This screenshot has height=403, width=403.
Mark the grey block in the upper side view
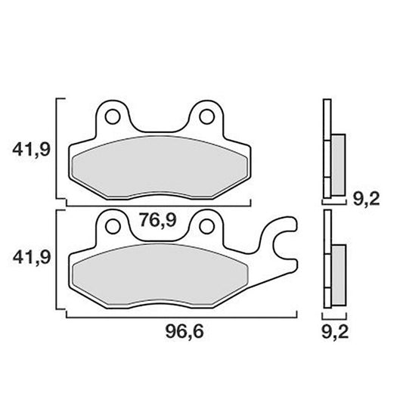(x=338, y=162)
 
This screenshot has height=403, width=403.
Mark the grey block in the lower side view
(x=338, y=272)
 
